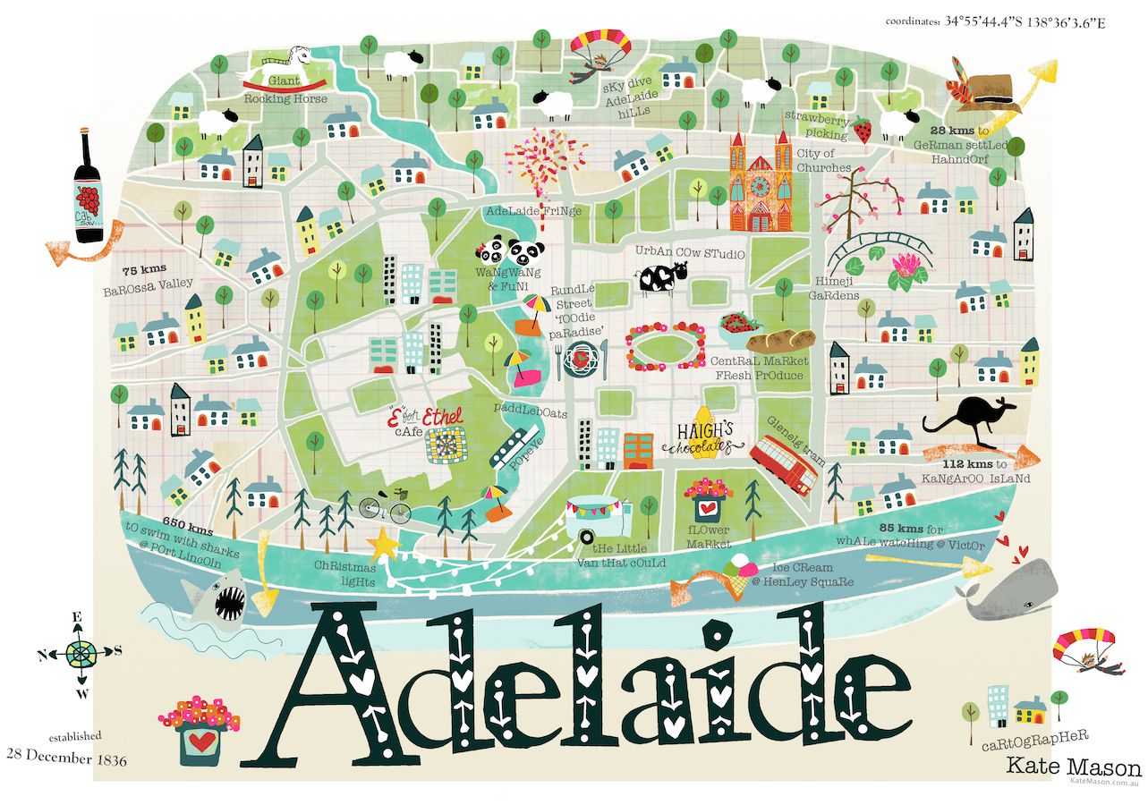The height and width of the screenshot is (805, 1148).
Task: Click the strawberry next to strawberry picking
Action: click(862, 131)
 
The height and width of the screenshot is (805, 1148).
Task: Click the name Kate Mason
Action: click(1073, 767)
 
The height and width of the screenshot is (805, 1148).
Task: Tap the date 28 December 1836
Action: click(66, 759)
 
